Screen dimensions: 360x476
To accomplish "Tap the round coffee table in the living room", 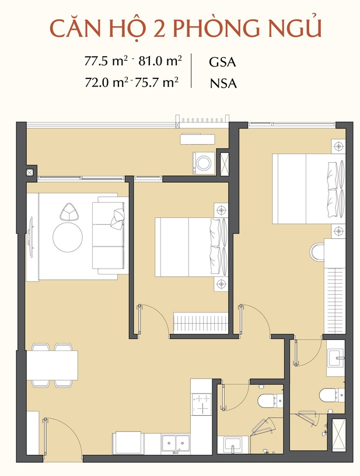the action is click(x=68, y=237).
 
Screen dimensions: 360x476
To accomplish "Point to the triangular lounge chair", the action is click(x=70, y=211).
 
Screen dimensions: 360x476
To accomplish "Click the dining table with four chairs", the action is click(x=52, y=365).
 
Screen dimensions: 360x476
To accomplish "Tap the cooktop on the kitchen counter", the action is click(x=202, y=404).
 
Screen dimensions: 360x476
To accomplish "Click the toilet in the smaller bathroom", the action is click(x=270, y=401).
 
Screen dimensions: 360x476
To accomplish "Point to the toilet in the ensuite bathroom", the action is click(x=331, y=395).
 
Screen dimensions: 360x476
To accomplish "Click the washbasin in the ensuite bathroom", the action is click(x=335, y=358).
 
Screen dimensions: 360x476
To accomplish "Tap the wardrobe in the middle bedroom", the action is click(x=201, y=323).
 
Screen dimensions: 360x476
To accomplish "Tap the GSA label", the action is click(x=222, y=62).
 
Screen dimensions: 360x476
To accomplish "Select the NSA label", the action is click(x=223, y=84).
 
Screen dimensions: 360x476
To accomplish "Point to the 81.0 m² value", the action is click(x=160, y=61).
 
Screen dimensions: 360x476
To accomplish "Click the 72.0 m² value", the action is click(x=104, y=82).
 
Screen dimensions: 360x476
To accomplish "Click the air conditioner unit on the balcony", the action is click(x=197, y=139).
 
